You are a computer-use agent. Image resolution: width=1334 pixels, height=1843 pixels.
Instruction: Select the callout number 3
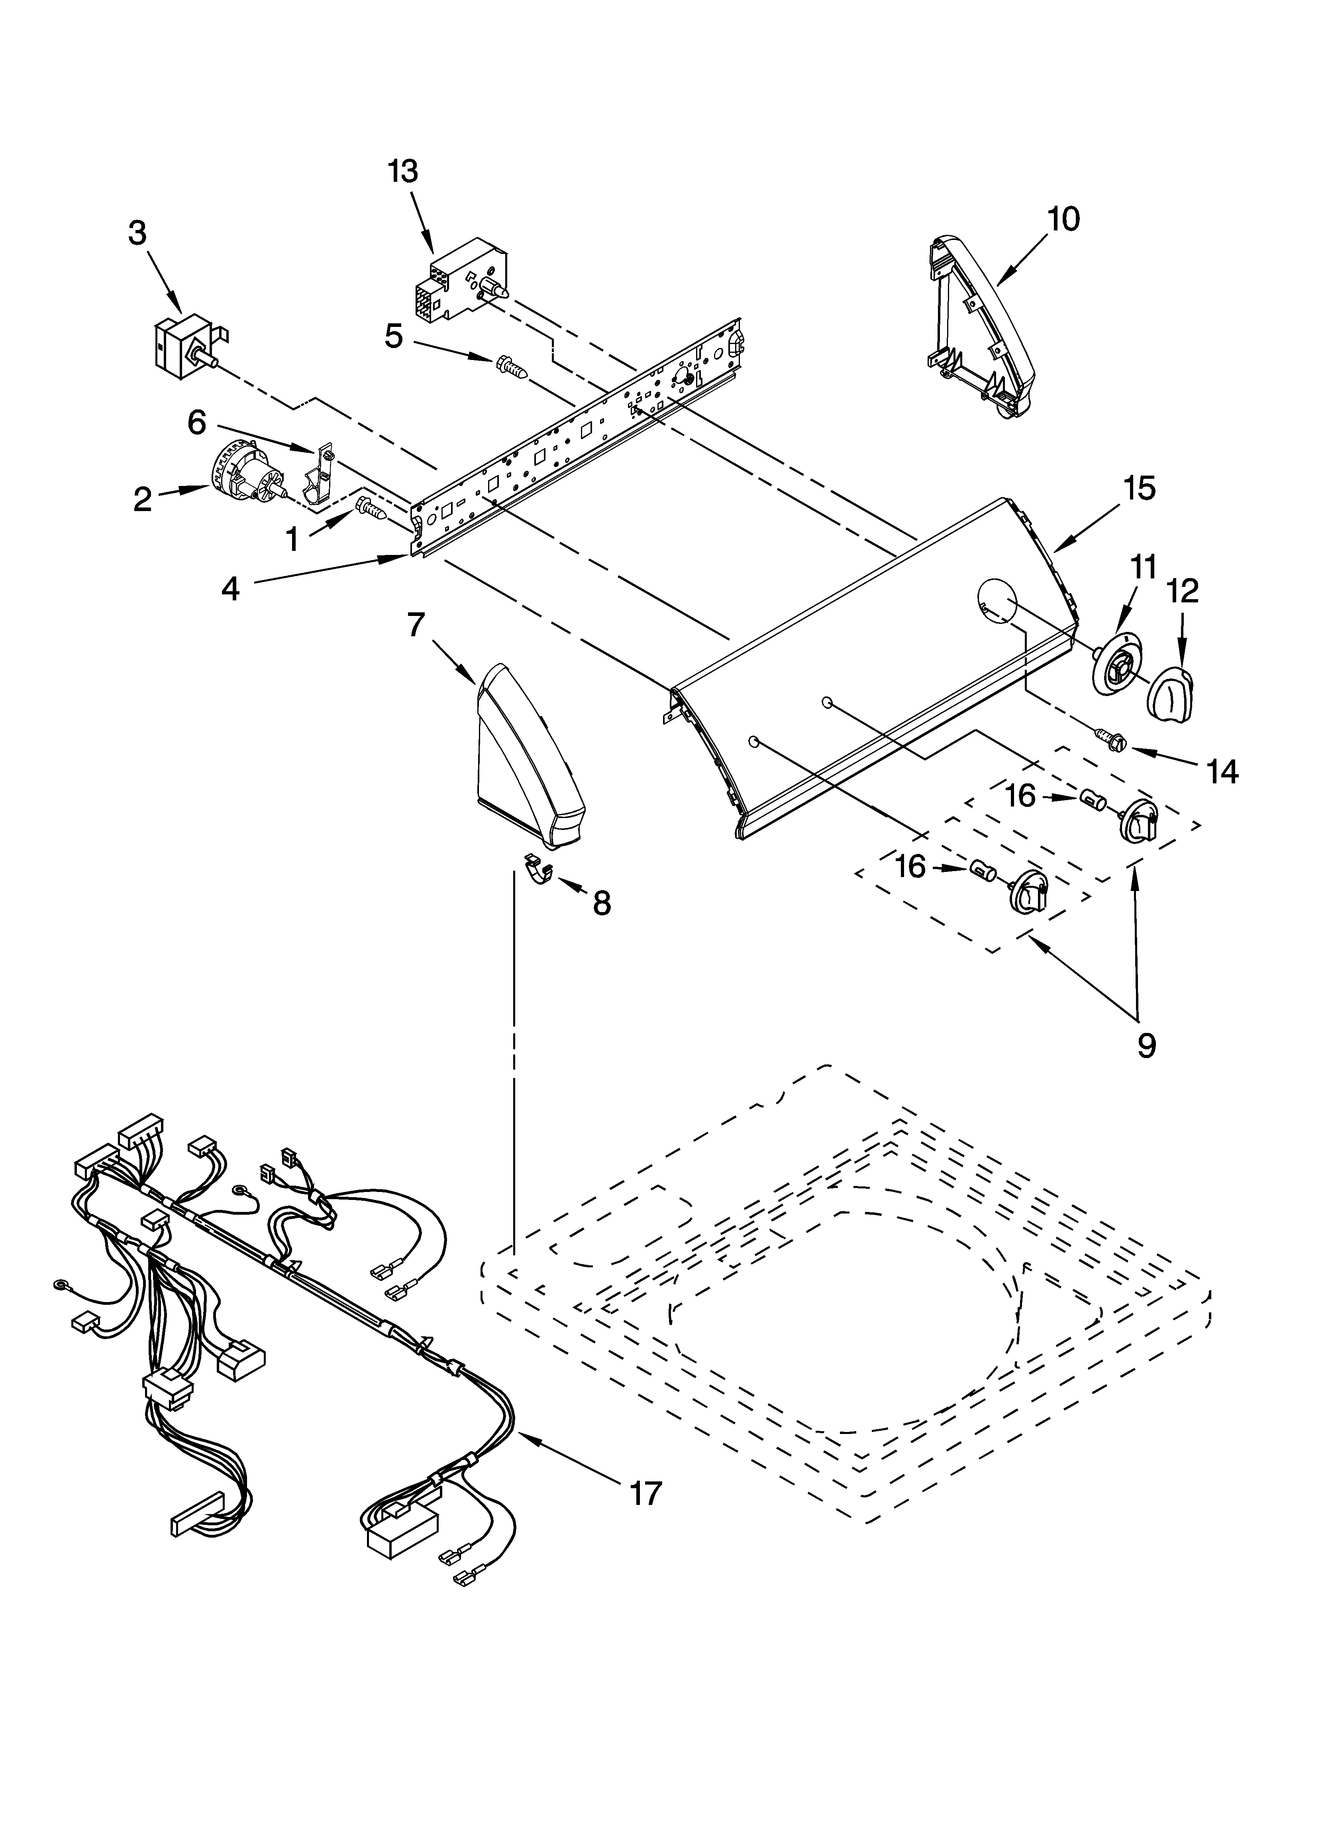pyautogui.click(x=137, y=233)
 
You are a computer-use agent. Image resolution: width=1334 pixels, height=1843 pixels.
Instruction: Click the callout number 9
pyautogui.click(x=1146, y=1046)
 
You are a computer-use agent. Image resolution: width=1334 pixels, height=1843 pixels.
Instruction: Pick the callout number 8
pyautogui.click(x=601, y=903)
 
